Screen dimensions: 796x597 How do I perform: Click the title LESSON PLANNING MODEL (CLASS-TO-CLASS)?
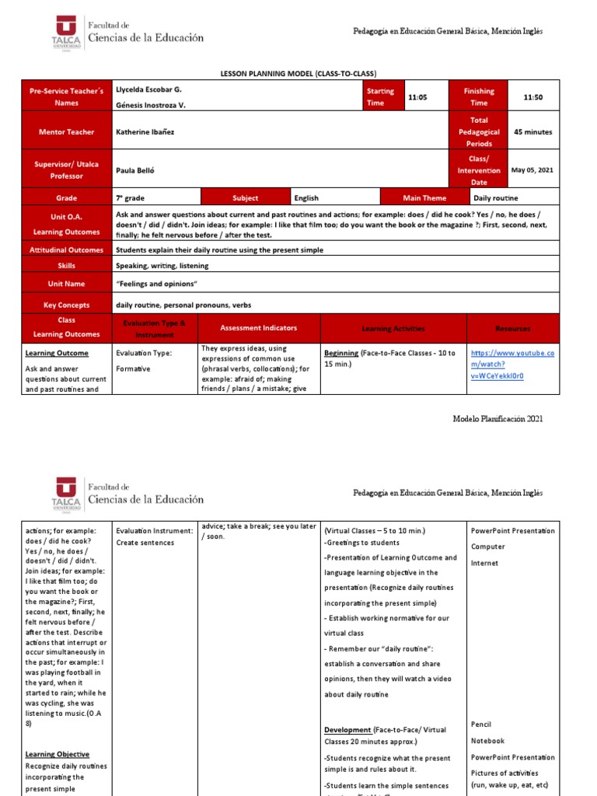[299, 73]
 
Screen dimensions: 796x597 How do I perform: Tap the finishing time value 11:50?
[532, 97]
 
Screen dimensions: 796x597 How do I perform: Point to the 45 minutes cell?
[532, 132]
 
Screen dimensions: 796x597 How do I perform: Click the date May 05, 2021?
[532, 169]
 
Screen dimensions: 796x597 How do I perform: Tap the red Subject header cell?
[245, 198]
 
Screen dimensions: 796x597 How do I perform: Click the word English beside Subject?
[306, 198]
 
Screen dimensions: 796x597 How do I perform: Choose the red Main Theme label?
[423, 198]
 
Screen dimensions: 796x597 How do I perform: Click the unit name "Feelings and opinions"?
[157, 285]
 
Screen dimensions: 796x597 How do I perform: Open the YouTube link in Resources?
[512, 365]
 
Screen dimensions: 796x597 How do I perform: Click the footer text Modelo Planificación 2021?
[497, 419]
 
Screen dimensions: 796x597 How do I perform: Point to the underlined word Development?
[347, 730]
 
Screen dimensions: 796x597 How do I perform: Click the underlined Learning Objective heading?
[57, 754]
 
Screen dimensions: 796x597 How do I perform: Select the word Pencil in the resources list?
[481, 724]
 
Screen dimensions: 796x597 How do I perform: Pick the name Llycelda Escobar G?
[148, 90]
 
